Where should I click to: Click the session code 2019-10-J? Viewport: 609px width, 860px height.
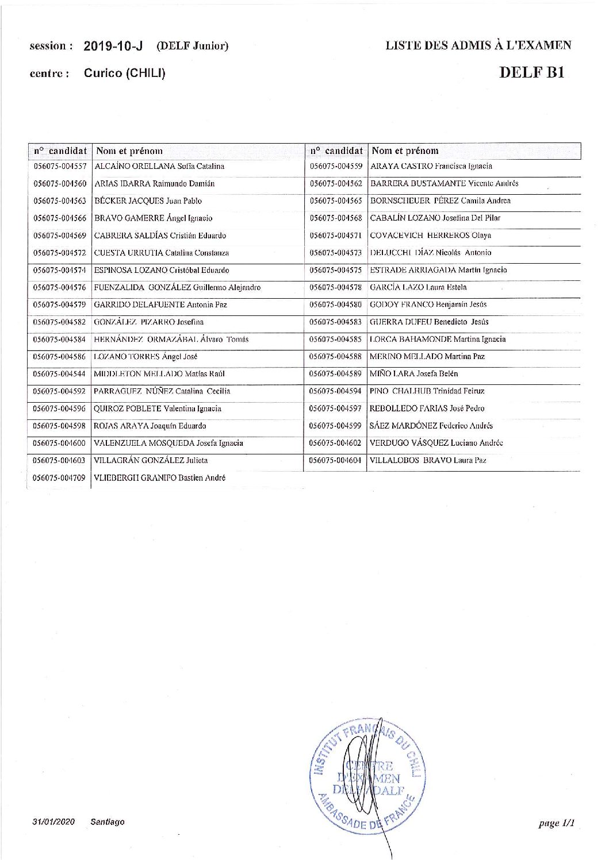coord(113,47)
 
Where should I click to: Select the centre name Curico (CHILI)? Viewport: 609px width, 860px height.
coord(124,74)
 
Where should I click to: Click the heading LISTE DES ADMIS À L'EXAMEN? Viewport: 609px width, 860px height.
coord(478,46)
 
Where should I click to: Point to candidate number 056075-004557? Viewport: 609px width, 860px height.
coord(60,167)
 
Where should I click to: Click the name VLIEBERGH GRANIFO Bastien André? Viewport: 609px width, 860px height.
coord(159,478)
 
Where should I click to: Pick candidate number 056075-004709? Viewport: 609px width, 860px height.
coord(60,478)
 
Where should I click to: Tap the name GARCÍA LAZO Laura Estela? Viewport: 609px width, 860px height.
coord(418,287)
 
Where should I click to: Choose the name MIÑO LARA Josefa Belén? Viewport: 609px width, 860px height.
coord(413,374)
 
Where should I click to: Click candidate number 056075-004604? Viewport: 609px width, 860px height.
coord(336,461)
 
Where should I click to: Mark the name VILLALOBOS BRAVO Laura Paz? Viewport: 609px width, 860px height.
coord(428,461)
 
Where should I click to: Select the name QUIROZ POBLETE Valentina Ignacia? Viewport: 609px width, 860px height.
coord(157,409)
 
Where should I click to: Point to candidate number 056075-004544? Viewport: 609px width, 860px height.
coord(60,374)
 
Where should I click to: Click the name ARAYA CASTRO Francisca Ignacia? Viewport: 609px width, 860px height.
coord(431,167)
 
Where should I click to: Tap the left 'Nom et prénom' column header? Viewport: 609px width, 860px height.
coord(129,151)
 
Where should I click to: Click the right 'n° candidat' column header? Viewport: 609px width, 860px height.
coord(336,151)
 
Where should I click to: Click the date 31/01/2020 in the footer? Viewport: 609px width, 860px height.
coord(54,822)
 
